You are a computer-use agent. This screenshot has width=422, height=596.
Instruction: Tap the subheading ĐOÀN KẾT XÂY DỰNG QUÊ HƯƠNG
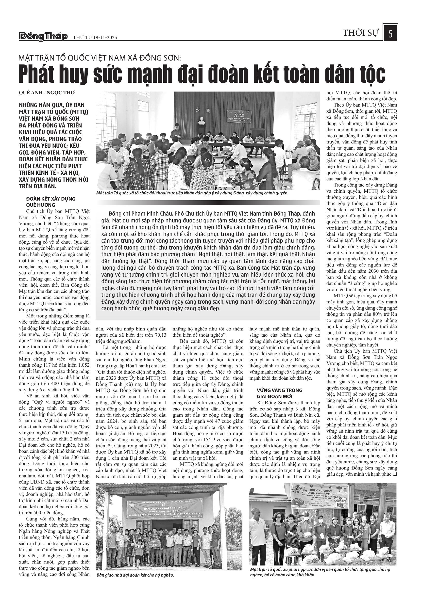pyautogui.click(x=51, y=202)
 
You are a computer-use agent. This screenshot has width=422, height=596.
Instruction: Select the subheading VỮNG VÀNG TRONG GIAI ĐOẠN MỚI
pyautogui.click(x=279, y=393)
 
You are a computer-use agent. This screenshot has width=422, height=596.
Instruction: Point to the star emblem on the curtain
pyautogui.click(x=208, y=110)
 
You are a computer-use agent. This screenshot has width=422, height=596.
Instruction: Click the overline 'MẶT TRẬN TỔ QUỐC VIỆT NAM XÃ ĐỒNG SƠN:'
pyautogui.click(x=100, y=58)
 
